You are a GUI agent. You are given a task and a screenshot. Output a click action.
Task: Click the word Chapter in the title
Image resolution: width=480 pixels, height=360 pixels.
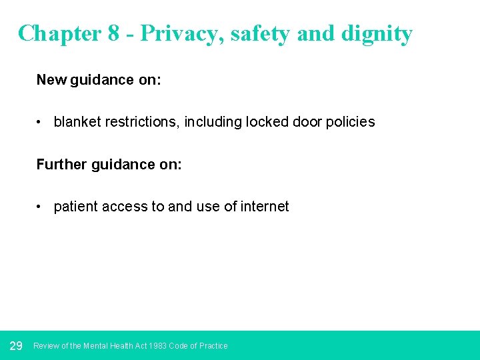[x=59, y=33]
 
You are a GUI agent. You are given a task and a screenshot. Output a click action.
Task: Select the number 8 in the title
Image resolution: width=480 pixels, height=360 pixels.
[x=113, y=33]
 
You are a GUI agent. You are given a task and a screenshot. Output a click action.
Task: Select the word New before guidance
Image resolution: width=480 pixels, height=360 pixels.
[x=51, y=80]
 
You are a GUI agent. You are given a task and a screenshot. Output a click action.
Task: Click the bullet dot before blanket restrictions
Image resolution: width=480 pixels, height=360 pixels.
[x=41, y=123]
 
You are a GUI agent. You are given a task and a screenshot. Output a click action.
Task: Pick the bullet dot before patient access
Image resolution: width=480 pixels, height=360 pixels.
[x=41, y=207]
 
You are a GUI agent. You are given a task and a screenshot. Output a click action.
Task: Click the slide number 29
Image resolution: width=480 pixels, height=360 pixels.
[x=17, y=345]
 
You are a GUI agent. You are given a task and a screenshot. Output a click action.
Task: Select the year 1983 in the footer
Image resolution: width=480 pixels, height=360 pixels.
[x=158, y=346]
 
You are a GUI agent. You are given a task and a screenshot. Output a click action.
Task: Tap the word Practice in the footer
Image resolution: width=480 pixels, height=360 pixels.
[x=213, y=346]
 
